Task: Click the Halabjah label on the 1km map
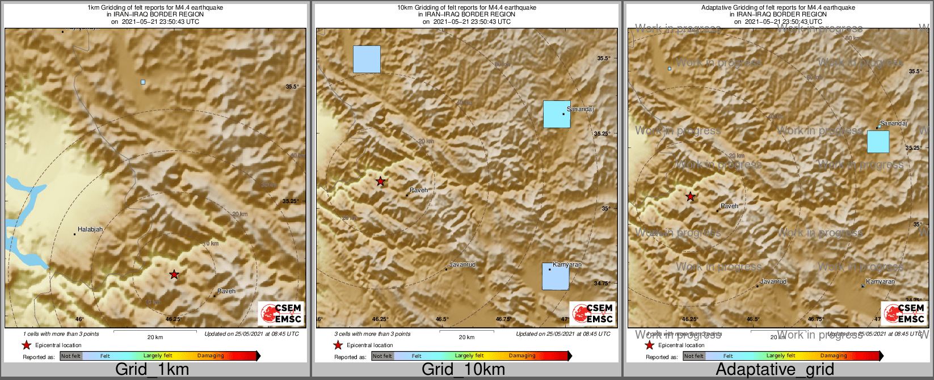(x=90, y=230)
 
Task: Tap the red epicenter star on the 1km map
(x=174, y=275)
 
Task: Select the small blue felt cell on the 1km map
(x=143, y=82)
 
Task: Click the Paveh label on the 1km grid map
(x=226, y=291)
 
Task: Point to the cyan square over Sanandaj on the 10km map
(x=557, y=114)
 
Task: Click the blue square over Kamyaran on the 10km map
(x=555, y=277)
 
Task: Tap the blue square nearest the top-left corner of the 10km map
(x=367, y=59)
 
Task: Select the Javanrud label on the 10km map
(x=462, y=265)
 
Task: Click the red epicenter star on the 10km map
(x=380, y=181)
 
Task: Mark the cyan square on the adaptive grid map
(x=878, y=142)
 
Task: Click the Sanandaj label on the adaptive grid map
(x=894, y=123)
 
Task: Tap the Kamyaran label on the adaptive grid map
(x=881, y=282)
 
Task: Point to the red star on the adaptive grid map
(x=690, y=197)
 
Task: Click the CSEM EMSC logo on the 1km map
(x=281, y=314)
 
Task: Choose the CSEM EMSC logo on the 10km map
(x=592, y=314)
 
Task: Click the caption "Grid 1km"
(x=152, y=370)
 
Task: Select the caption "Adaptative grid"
(x=775, y=370)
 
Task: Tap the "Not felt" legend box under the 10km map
(x=382, y=356)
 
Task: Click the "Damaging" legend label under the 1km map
(x=211, y=356)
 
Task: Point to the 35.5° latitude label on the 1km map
(x=292, y=87)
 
